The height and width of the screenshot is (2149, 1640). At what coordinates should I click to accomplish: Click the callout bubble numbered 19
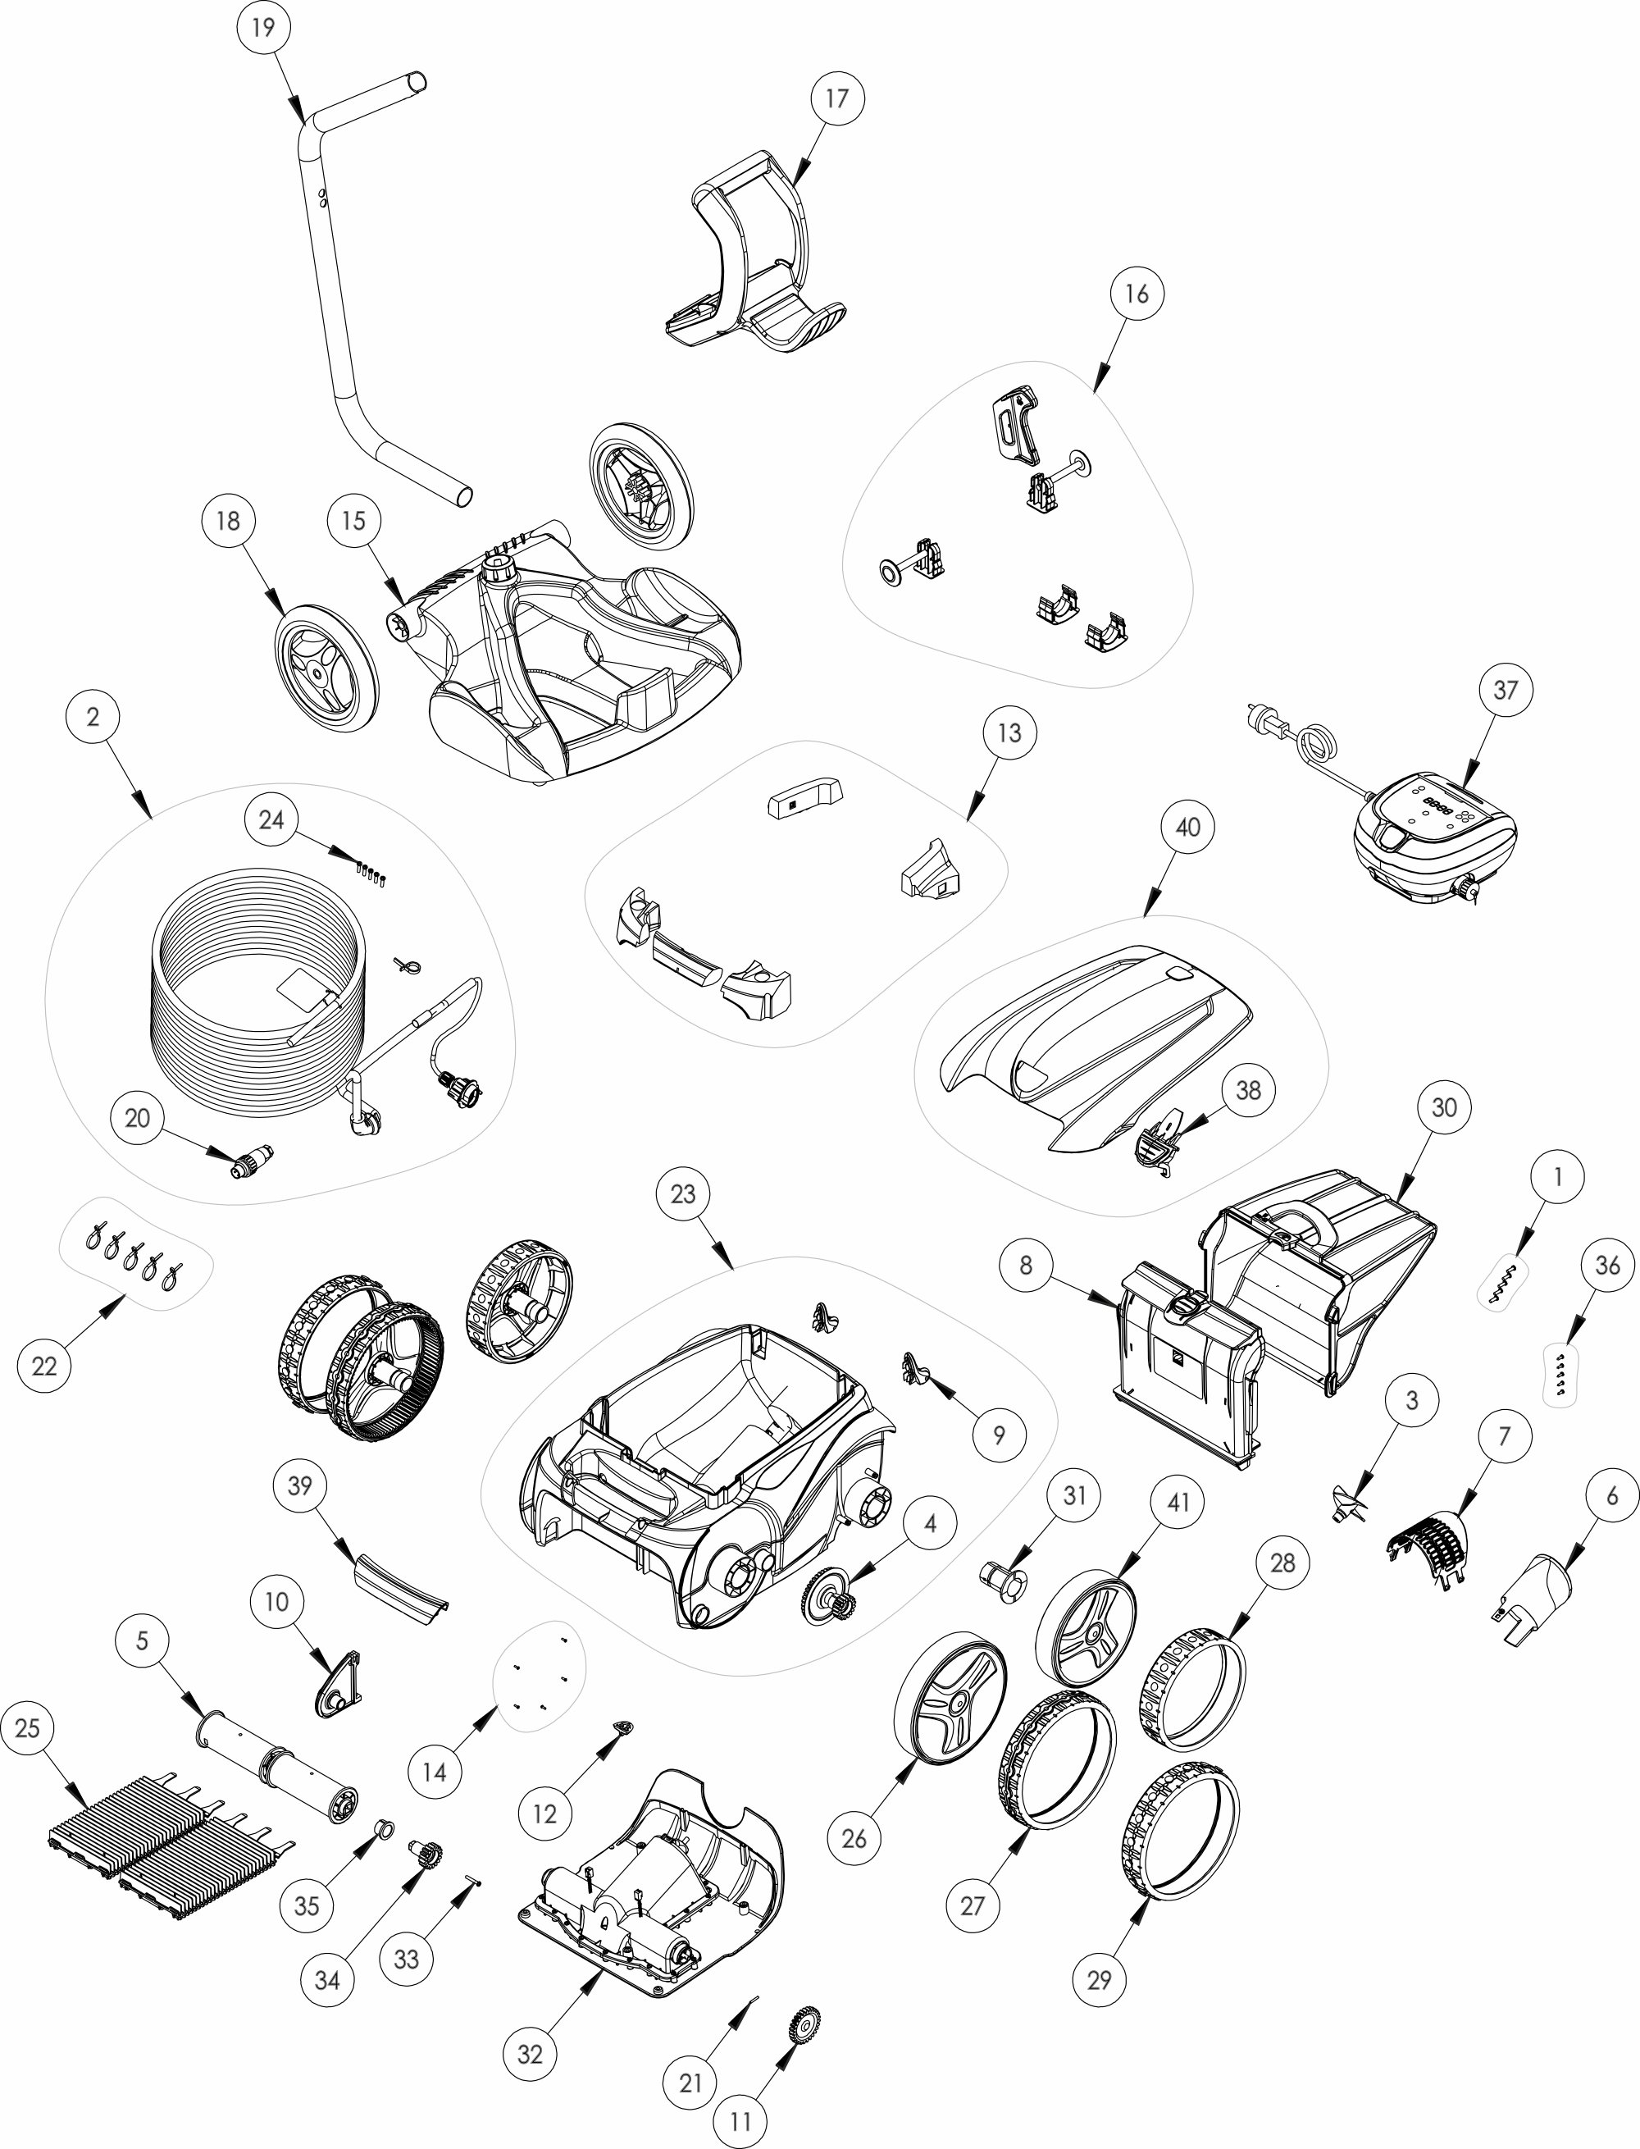(x=262, y=27)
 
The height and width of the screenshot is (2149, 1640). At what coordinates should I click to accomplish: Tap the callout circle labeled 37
(x=1506, y=689)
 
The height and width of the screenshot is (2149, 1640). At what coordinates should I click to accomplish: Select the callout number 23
(x=682, y=1193)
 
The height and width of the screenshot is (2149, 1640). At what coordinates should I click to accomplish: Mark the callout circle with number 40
(x=1187, y=827)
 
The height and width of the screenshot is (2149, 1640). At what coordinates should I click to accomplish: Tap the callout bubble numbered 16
(x=1137, y=293)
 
